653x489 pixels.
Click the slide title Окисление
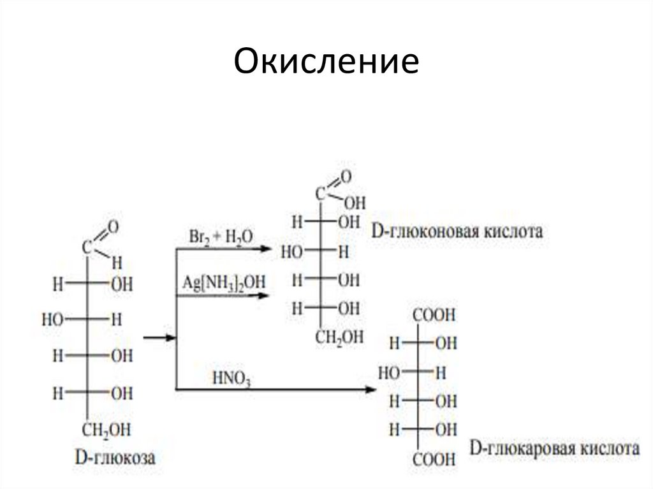(326, 61)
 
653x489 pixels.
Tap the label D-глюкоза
(115, 457)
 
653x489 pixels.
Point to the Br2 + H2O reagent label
(221, 237)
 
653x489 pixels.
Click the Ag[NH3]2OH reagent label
(224, 283)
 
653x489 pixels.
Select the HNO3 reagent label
(231, 379)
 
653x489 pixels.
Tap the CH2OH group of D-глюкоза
(106, 430)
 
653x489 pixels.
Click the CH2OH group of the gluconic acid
(339, 337)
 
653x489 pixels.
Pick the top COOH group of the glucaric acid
(434, 315)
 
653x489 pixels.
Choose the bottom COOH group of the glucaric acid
(434, 460)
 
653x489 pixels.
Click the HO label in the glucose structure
(52, 320)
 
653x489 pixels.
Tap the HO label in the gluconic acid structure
(291, 252)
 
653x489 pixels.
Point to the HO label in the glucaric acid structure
(389, 373)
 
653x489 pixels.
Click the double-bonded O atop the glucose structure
(113, 228)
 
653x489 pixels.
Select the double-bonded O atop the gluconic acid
(346, 177)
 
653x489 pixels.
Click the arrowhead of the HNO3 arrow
(371, 390)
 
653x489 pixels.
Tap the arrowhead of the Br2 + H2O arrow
(266, 249)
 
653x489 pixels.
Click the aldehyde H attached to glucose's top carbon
(117, 263)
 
